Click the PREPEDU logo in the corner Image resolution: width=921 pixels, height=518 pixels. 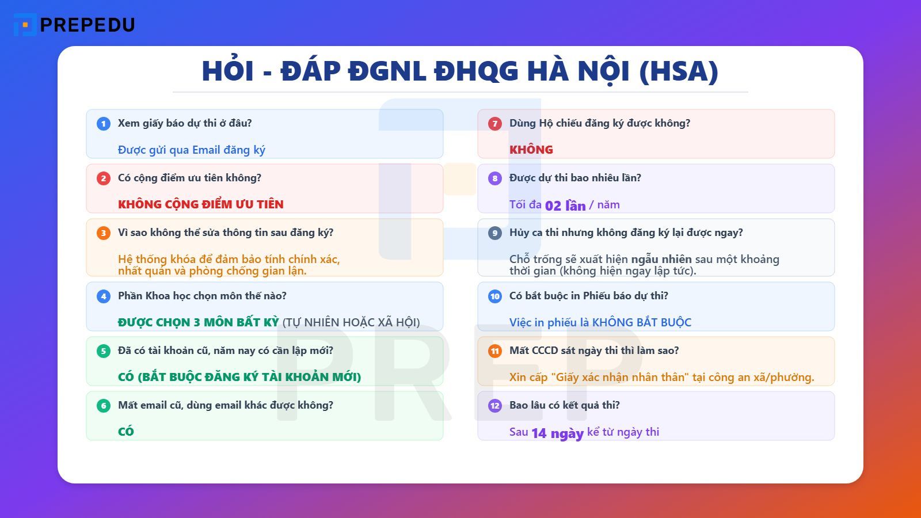coord(74,25)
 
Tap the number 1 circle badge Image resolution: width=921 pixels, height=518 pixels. coord(104,124)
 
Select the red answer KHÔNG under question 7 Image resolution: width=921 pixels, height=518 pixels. coord(531,150)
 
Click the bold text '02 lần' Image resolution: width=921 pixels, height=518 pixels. coord(565,205)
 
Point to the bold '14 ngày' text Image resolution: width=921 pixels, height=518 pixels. coord(557,433)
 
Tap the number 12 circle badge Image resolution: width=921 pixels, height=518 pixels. coord(495,406)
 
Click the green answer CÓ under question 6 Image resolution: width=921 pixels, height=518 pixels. coord(125,432)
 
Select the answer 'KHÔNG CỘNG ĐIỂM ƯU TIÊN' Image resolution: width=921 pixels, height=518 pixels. coord(200,204)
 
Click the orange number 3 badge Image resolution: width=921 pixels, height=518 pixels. coord(104,233)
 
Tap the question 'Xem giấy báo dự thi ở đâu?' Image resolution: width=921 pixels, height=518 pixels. coord(185,123)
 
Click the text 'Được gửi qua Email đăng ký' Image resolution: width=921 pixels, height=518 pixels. coord(191,150)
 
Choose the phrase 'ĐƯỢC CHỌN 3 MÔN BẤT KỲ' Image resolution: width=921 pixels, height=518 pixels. coord(198,322)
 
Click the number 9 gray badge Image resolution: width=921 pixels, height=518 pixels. coord(495,233)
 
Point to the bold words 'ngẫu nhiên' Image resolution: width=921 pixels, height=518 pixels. coord(661,259)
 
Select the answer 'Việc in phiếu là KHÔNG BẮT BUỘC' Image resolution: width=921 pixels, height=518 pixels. coord(600,322)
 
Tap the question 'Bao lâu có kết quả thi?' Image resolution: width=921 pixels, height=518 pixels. coord(564,405)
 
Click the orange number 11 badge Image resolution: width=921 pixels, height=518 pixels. coord(495,351)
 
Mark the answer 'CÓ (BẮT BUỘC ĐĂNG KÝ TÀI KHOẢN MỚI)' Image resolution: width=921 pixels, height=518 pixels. coord(239,377)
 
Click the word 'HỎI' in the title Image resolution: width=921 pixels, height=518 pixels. coord(227,71)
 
